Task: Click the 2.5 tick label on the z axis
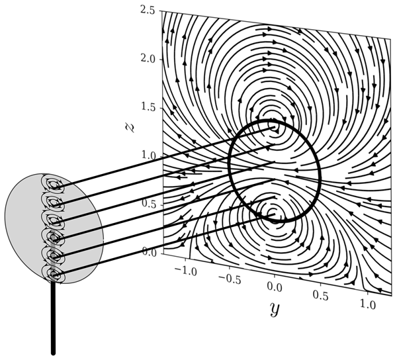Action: point(147,11)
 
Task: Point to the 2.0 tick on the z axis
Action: point(147,60)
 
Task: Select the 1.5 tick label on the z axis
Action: point(147,108)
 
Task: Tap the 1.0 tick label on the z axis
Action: point(147,156)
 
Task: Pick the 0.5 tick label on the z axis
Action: point(147,204)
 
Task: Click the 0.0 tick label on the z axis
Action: point(147,253)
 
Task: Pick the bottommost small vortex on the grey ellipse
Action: point(54,272)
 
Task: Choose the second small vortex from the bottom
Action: point(54,254)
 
